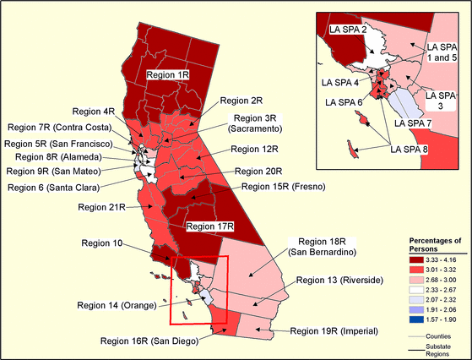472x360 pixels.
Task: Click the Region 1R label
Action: click(168, 74)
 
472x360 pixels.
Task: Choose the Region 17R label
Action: click(209, 226)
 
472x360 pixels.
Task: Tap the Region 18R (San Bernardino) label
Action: click(323, 247)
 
